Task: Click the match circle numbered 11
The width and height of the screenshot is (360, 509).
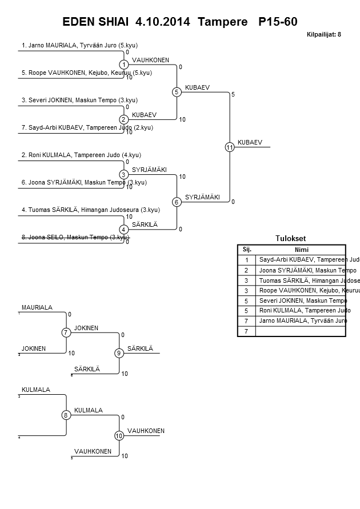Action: coord(230,147)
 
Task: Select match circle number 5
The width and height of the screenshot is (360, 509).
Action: coord(177,92)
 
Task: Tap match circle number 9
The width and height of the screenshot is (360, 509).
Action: coord(119,353)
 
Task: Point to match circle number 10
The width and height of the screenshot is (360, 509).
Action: coord(119,435)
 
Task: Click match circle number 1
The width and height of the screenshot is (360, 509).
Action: coord(123,65)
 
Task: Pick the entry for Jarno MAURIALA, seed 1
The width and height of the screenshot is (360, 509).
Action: coord(79,45)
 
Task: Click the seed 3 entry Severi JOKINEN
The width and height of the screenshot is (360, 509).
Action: coord(79,100)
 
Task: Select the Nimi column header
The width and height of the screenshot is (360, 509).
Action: coord(301,250)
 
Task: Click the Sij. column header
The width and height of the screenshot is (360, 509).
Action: coord(247,250)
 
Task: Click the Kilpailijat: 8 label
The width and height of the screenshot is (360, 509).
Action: coord(324,34)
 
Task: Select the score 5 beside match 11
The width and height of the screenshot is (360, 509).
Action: coord(233,94)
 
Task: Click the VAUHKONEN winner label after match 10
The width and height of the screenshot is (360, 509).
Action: coord(146,431)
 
